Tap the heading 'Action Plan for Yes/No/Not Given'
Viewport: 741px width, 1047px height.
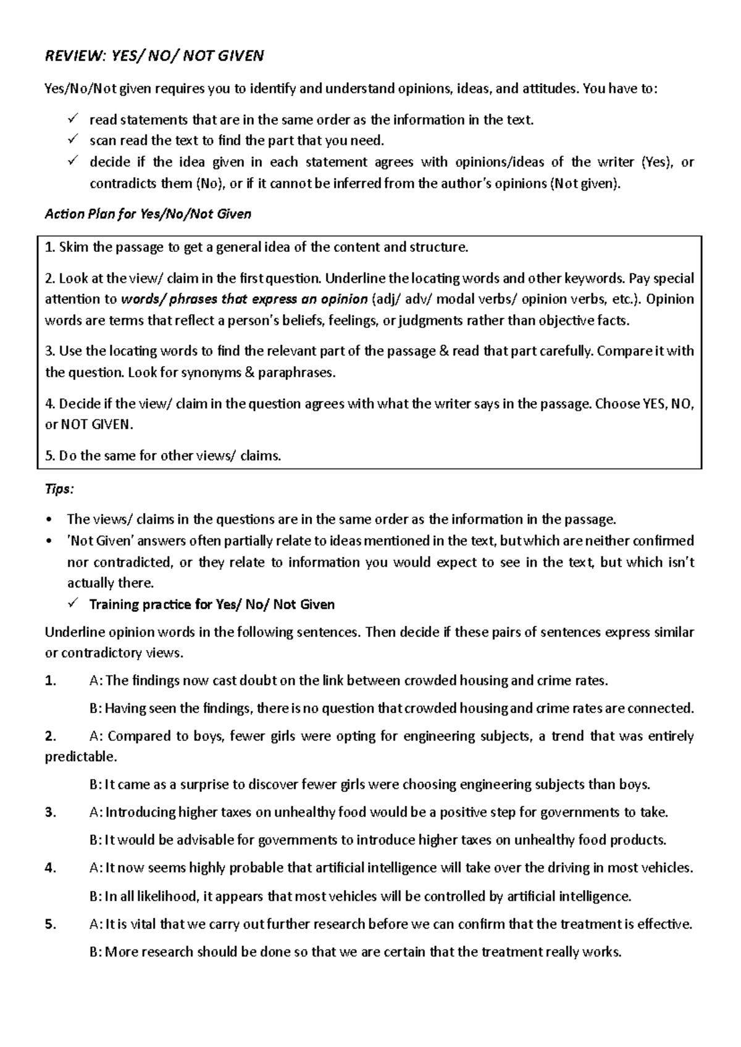coord(148,214)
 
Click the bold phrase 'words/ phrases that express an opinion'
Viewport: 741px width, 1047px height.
coord(244,299)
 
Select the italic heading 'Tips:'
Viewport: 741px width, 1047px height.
coord(59,489)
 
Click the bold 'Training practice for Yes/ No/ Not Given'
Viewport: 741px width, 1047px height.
coord(212,604)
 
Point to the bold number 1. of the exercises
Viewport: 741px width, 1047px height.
coord(50,681)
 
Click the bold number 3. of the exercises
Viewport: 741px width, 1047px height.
coord(50,812)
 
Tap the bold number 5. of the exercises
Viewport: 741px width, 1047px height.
coord(50,924)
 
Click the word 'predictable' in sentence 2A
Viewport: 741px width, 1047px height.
coord(80,757)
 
